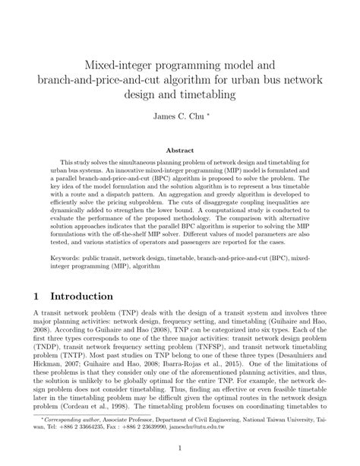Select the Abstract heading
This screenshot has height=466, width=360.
tap(180, 151)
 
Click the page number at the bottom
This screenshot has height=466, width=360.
tap(180, 448)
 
